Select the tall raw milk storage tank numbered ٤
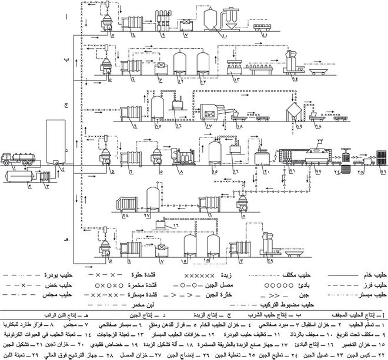(x=55, y=142)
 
